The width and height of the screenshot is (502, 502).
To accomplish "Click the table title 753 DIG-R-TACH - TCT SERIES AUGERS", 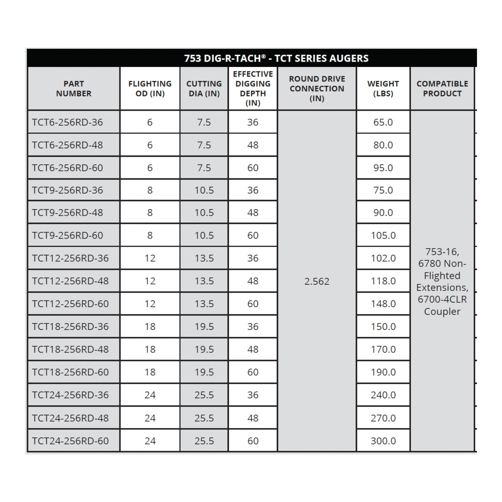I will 276,58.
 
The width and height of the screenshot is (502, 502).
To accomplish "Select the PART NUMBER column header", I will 74,88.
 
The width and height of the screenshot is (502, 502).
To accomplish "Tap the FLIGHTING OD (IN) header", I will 150,88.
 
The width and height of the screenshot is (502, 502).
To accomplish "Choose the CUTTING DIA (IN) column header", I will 204,88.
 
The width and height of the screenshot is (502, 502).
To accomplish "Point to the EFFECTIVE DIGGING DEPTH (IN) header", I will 253,88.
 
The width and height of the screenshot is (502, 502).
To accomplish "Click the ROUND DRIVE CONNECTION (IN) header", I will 317,88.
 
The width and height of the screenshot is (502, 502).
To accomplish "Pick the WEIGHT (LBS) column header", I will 383,88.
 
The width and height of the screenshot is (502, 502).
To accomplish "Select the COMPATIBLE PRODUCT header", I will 442,88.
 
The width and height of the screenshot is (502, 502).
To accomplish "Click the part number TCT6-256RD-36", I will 67,122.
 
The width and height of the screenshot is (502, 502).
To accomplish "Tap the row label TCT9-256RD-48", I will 67,213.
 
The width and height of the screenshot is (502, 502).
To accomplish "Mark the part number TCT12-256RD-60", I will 70,303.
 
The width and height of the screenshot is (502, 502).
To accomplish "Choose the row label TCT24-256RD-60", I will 70,441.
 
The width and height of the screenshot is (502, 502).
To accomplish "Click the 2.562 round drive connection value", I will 317,281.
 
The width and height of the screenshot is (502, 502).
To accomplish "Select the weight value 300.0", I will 383,441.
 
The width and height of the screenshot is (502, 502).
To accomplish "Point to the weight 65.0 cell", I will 383,122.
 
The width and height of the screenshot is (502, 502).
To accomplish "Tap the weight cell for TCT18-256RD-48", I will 383,349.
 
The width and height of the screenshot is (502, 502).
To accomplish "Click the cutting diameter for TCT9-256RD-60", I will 204,236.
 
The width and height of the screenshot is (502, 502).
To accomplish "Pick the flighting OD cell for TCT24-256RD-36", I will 150,395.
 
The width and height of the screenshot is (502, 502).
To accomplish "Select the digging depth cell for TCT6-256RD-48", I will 253,145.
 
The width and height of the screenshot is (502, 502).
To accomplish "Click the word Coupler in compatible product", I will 442,311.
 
